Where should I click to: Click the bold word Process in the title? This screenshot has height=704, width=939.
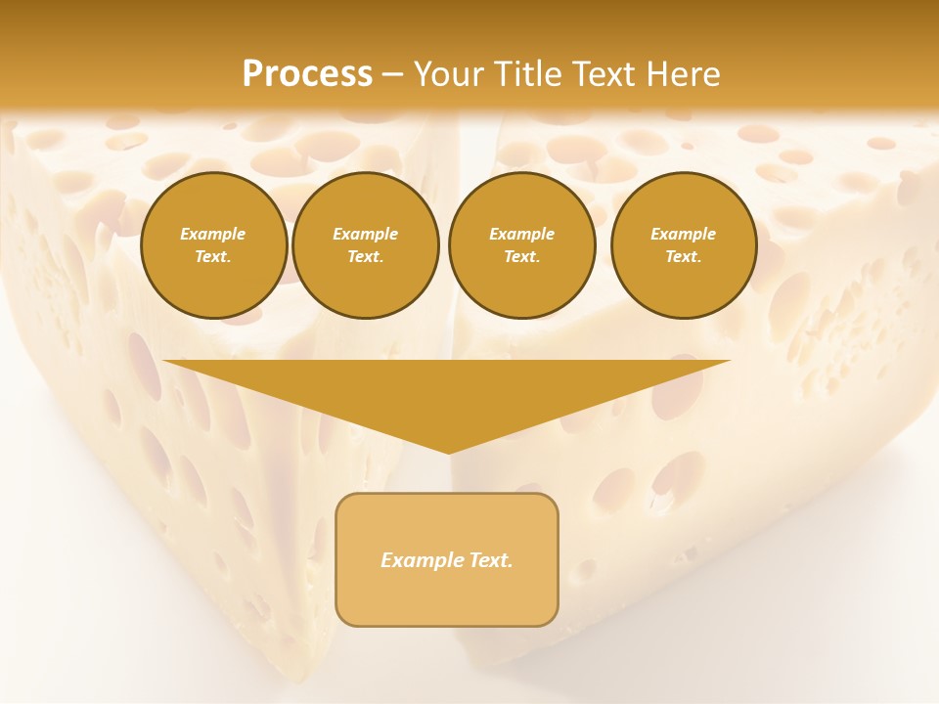point(307,74)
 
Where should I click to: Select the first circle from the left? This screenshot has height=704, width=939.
point(213,245)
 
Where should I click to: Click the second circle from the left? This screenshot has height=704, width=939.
point(366,245)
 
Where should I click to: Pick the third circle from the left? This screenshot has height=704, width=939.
point(522,245)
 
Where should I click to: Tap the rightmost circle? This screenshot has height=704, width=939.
point(684,245)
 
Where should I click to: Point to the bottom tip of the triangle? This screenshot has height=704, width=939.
point(448,452)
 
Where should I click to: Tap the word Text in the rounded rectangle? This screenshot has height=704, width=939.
point(490,560)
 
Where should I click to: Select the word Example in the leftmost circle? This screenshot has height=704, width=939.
point(213,234)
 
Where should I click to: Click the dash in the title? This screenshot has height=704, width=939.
point(392,74)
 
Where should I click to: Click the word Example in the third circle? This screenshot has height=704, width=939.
point(521,234)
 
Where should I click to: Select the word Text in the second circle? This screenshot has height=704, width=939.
point(364,256)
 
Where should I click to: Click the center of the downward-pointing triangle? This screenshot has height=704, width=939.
point(447,391)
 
